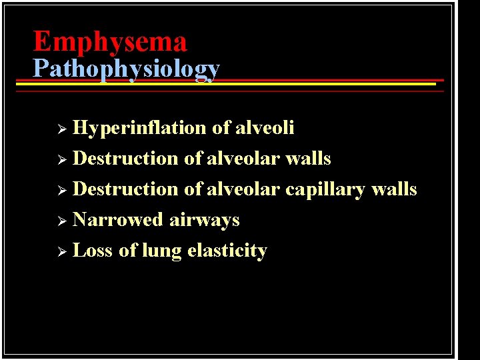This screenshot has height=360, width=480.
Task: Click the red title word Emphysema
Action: click(110, 41)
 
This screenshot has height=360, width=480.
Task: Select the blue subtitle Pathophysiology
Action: click(126, 69)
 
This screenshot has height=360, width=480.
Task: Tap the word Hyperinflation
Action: click(139, 127)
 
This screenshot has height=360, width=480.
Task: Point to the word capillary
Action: click(325, 190)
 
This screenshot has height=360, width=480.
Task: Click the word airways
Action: click(204, 220)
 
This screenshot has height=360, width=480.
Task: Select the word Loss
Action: click(92, 251)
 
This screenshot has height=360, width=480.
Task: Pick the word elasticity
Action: click(227, 251)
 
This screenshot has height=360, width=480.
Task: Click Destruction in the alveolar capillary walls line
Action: click(125, 189)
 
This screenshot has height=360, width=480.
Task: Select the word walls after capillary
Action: click(394, 189)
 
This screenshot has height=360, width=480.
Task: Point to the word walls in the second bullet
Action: click(308, 159)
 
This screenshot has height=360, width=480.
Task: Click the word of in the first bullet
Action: click(221, 127)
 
